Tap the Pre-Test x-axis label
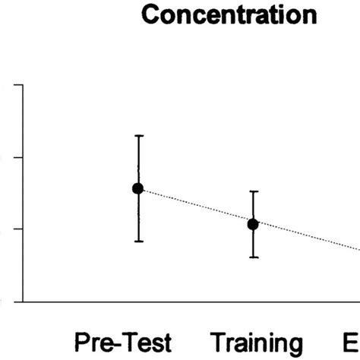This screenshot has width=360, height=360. tap(123, 340)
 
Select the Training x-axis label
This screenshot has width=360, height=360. tap(256, 341)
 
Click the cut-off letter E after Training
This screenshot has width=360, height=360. tap(352, 340)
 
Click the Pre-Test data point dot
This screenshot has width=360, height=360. tap(138, 188)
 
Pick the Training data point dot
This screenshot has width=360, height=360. tap(253, 224)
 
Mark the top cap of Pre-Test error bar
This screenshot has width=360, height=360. tap(138, 136)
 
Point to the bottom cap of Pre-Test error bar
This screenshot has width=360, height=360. tap(138, 241)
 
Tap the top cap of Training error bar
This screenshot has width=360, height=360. tap(253, 191)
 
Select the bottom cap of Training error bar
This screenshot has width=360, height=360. tap(253, 257)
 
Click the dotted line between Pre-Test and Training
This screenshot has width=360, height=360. tap(195, 207)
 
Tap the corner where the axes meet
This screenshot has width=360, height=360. tap(25, 301)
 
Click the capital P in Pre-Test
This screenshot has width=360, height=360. tap(81, 340)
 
